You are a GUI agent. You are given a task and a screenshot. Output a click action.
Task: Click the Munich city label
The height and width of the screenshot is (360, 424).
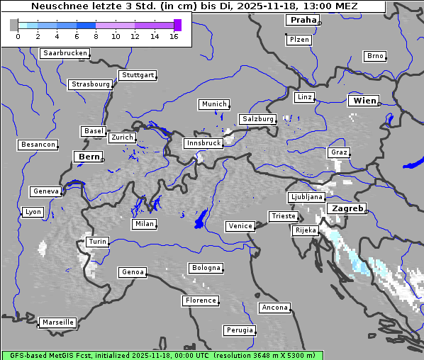[x=214, y=104]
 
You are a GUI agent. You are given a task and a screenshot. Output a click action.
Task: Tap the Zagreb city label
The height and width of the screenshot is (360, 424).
[x=347, y=209]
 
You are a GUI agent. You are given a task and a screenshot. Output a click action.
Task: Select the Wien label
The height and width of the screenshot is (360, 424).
[x=365, y=101]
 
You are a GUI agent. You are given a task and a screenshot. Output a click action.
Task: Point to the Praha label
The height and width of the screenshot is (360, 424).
[x=303, y=20]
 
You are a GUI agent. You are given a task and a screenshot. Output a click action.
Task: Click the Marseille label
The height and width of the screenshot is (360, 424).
[x=57, y=322]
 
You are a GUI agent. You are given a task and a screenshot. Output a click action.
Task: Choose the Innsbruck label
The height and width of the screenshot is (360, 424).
[x=203, y=143]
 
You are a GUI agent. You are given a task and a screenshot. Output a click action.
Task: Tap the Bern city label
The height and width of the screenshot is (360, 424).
[x=89, y=157]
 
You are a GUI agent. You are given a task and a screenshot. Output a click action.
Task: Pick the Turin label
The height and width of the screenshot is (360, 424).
[x=97, y=242]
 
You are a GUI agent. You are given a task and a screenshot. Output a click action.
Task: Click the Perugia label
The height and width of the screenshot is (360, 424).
[x=239, y=330]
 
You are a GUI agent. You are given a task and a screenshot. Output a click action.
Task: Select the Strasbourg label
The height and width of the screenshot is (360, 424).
[x=91, y=84]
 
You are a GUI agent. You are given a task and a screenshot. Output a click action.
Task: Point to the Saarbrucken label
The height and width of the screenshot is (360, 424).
[x=65, y=53]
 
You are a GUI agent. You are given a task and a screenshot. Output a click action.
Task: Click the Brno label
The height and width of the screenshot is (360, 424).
[x=374, y=56]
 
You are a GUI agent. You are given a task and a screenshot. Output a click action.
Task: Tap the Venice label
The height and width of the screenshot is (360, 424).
[x=240, y=226]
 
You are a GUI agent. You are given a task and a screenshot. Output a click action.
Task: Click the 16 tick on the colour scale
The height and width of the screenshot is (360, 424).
[x=174, y=36]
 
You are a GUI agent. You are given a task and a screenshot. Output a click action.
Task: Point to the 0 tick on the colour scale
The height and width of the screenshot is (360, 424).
[x=18, y=36]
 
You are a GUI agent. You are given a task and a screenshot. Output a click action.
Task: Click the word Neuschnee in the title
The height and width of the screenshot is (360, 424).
[x=58, y=6]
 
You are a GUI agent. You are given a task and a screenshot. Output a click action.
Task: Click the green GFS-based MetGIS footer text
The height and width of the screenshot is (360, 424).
[x=162, y=355]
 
